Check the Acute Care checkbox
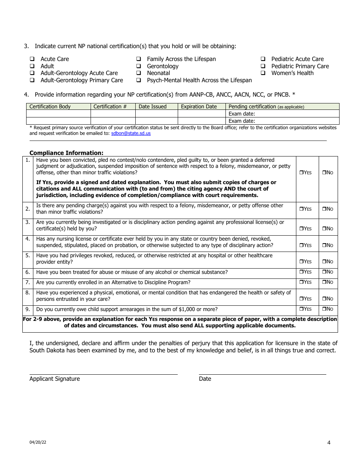pos(32,59)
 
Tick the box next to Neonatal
pos(139,73)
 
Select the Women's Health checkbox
pos(263,73)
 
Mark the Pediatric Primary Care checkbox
pos(263,66)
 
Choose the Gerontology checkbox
pos(139,66)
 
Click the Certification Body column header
pos(50,106)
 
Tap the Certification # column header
pos(110,106)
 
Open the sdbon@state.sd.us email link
pos(131,133)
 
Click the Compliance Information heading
pos(66,153)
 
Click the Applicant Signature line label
pos(55,379)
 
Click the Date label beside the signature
pos(205,379)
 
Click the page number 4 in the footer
pos(329,443)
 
